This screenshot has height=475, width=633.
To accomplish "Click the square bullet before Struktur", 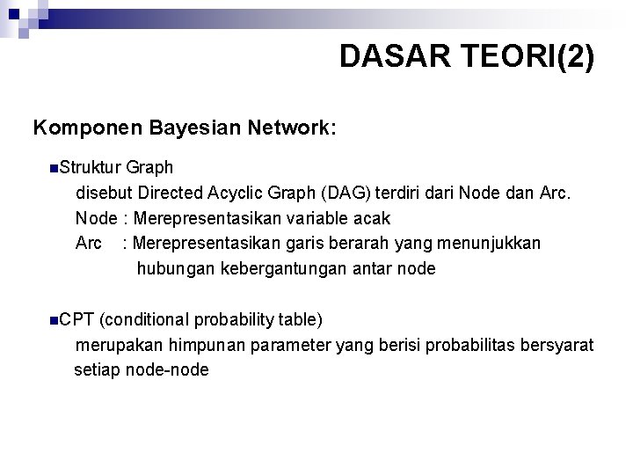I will (x=55, y=167).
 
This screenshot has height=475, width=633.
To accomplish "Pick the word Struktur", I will (x=91, y=167).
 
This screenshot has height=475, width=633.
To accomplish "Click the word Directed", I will (x=171, y=193).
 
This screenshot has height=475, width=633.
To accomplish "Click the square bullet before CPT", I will (x=55, y=318).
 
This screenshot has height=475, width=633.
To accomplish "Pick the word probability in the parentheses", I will (x=236, y=318).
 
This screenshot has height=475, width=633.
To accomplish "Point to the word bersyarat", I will (x=556, y=344).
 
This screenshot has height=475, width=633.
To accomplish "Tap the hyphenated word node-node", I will (x=168, y=369).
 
